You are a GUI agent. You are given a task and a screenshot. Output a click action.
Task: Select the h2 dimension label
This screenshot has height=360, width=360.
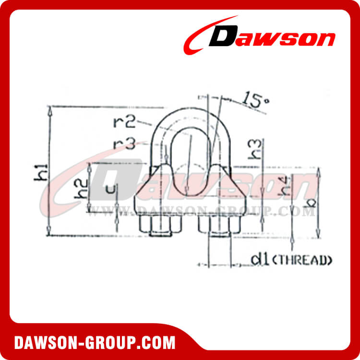pyautogui.click(x=82, y=188)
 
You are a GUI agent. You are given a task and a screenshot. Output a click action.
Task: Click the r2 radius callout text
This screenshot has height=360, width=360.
pyautogui.click(x=123, y=121)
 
